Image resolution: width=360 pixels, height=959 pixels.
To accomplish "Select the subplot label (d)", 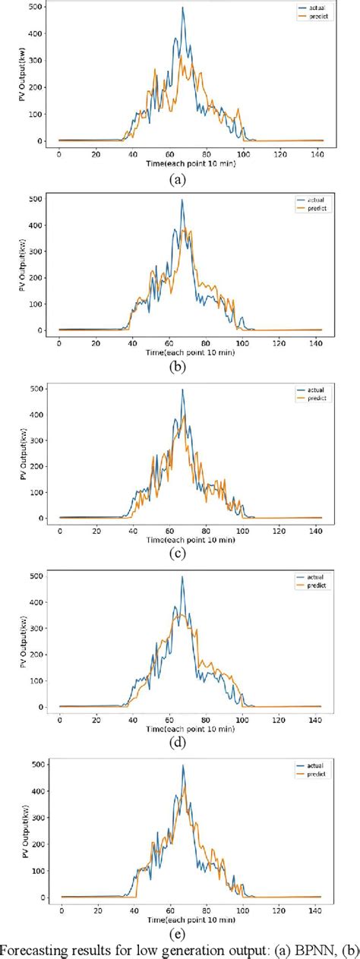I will [x=177, y=744].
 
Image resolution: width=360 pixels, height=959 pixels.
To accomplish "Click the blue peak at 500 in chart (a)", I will [x=182, y=8].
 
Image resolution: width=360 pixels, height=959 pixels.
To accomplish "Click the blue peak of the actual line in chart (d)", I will [x=182, y=577].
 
